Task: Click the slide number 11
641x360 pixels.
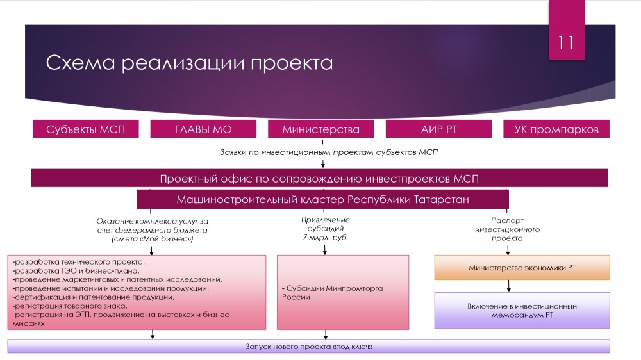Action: pyautogui.click(x=566, y=43)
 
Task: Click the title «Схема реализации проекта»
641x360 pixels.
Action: pyautogui.click(x=189, y=63)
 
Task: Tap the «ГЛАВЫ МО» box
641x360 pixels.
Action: pyautogui.click(x=203, y=129)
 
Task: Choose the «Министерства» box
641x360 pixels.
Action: pyautogui.click(x=320, y=129)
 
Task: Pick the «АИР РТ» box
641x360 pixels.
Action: pyautogui.click(x=438, y=129)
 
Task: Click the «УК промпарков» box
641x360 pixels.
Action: pyautogui.click(x=556, y=129)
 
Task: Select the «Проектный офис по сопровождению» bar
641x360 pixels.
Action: pyautogui.click(x=319, y=178)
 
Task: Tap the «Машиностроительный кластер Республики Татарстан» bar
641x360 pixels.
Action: pyautogui.click(x=322, y=199)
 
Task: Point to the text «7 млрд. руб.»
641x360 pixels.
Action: pyautogui.click(x=326, y=238)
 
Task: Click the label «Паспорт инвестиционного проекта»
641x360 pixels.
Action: pyautogui.click(x=507, y=229)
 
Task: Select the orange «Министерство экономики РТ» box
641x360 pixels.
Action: pyautogui.click(x=522, y=267)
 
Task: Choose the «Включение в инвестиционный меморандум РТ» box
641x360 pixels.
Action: pyautogui.click(x=522, y=310)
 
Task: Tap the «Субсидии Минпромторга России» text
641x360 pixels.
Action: pyautogui.click(x=332, y=292)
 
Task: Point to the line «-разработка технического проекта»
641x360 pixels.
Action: pyautogui.click(x=79, y=261)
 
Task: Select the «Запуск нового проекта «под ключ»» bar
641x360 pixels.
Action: pyautogui.click(x=308, y=347)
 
